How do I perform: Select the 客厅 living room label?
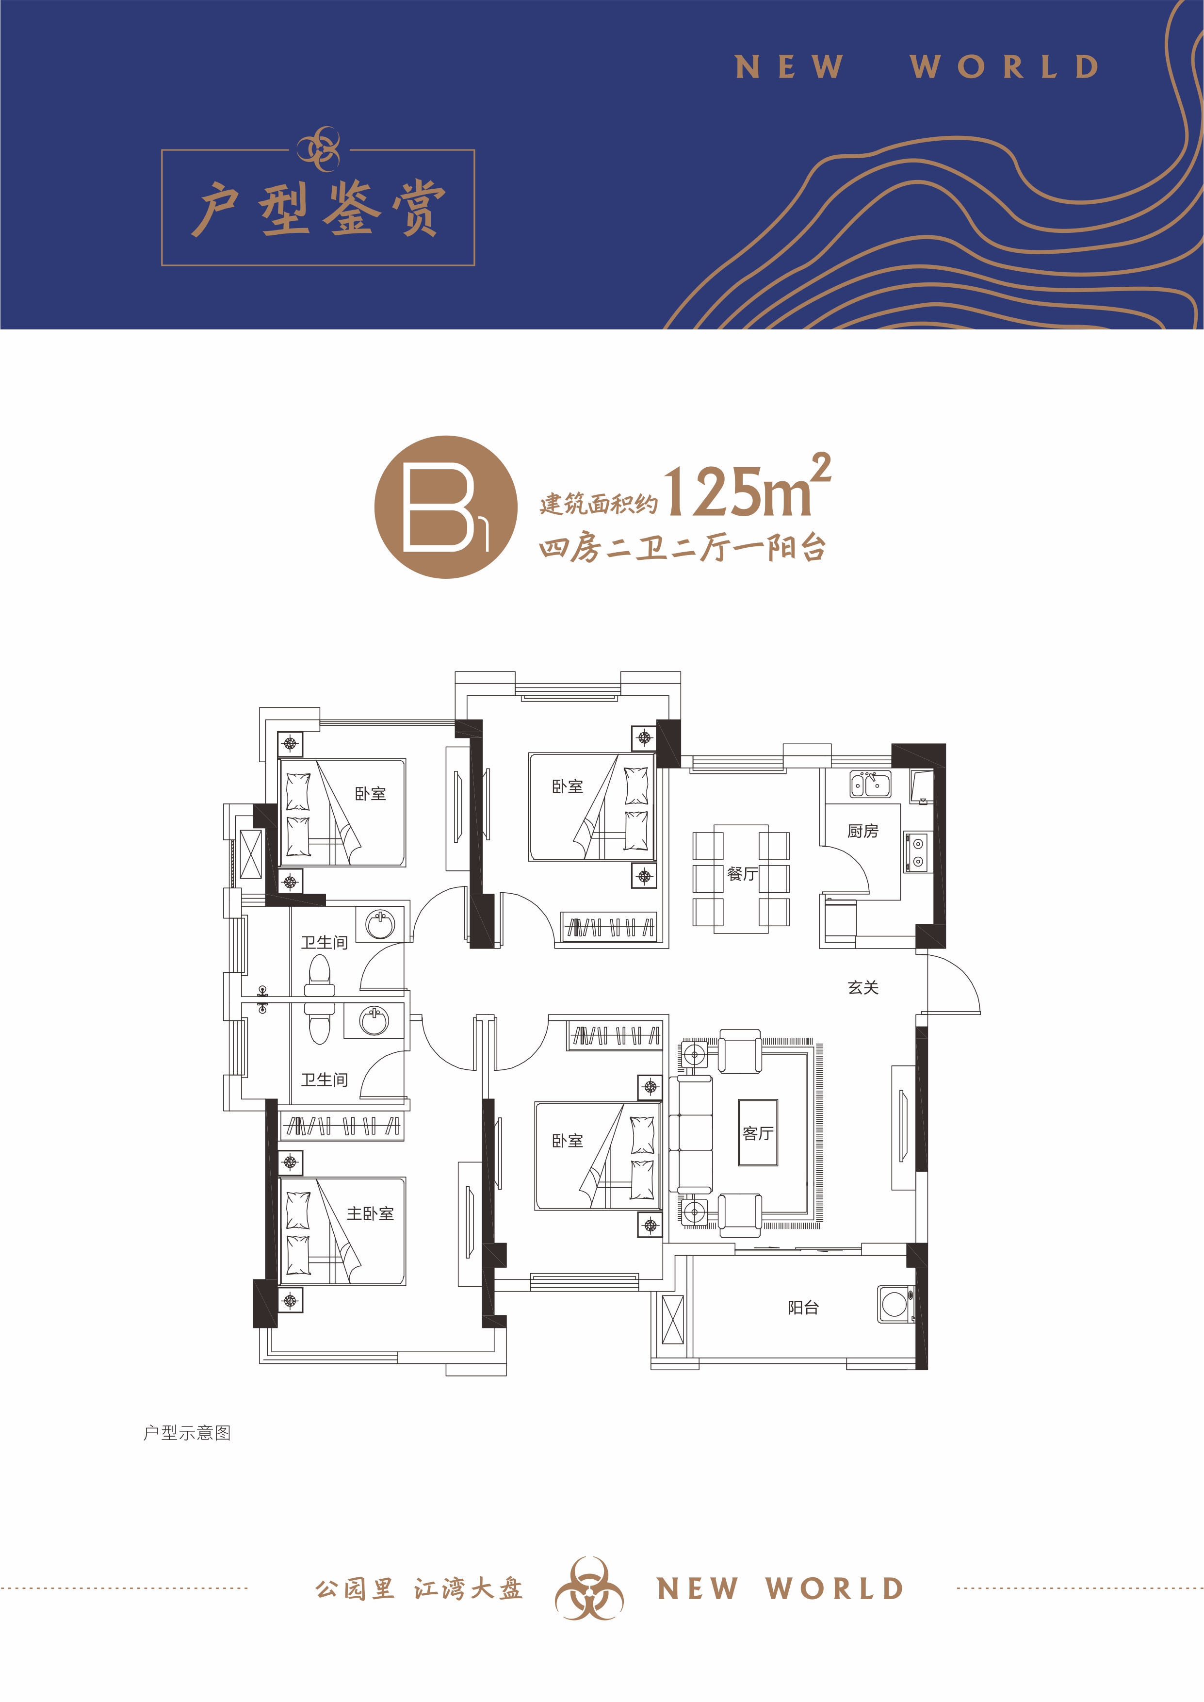758,1133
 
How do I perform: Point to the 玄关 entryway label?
863,987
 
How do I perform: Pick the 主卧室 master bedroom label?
370,1213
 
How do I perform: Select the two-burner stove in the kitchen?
917,852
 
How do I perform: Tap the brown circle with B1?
446,507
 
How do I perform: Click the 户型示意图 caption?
187,1433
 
